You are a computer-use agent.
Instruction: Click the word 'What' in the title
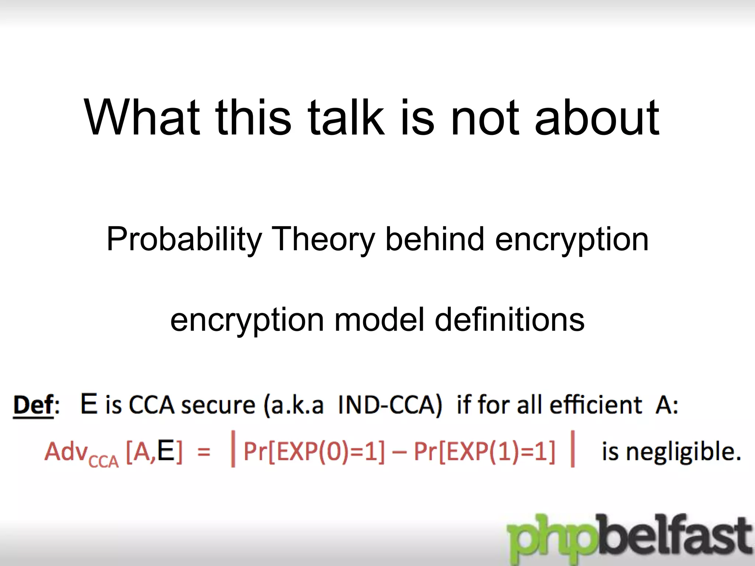click(x=142, y=117)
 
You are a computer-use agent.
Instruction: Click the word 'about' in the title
click(x=597, y=117)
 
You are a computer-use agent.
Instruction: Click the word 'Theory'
click(x=323, y=240)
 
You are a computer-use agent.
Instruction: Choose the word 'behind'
click(x=435, y=240)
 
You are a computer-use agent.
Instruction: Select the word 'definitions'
click(x=509, y=319)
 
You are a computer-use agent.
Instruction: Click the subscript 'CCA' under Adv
click(x=104, y=461)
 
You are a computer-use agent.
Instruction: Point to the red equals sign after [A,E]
click(x=204, y=452)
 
